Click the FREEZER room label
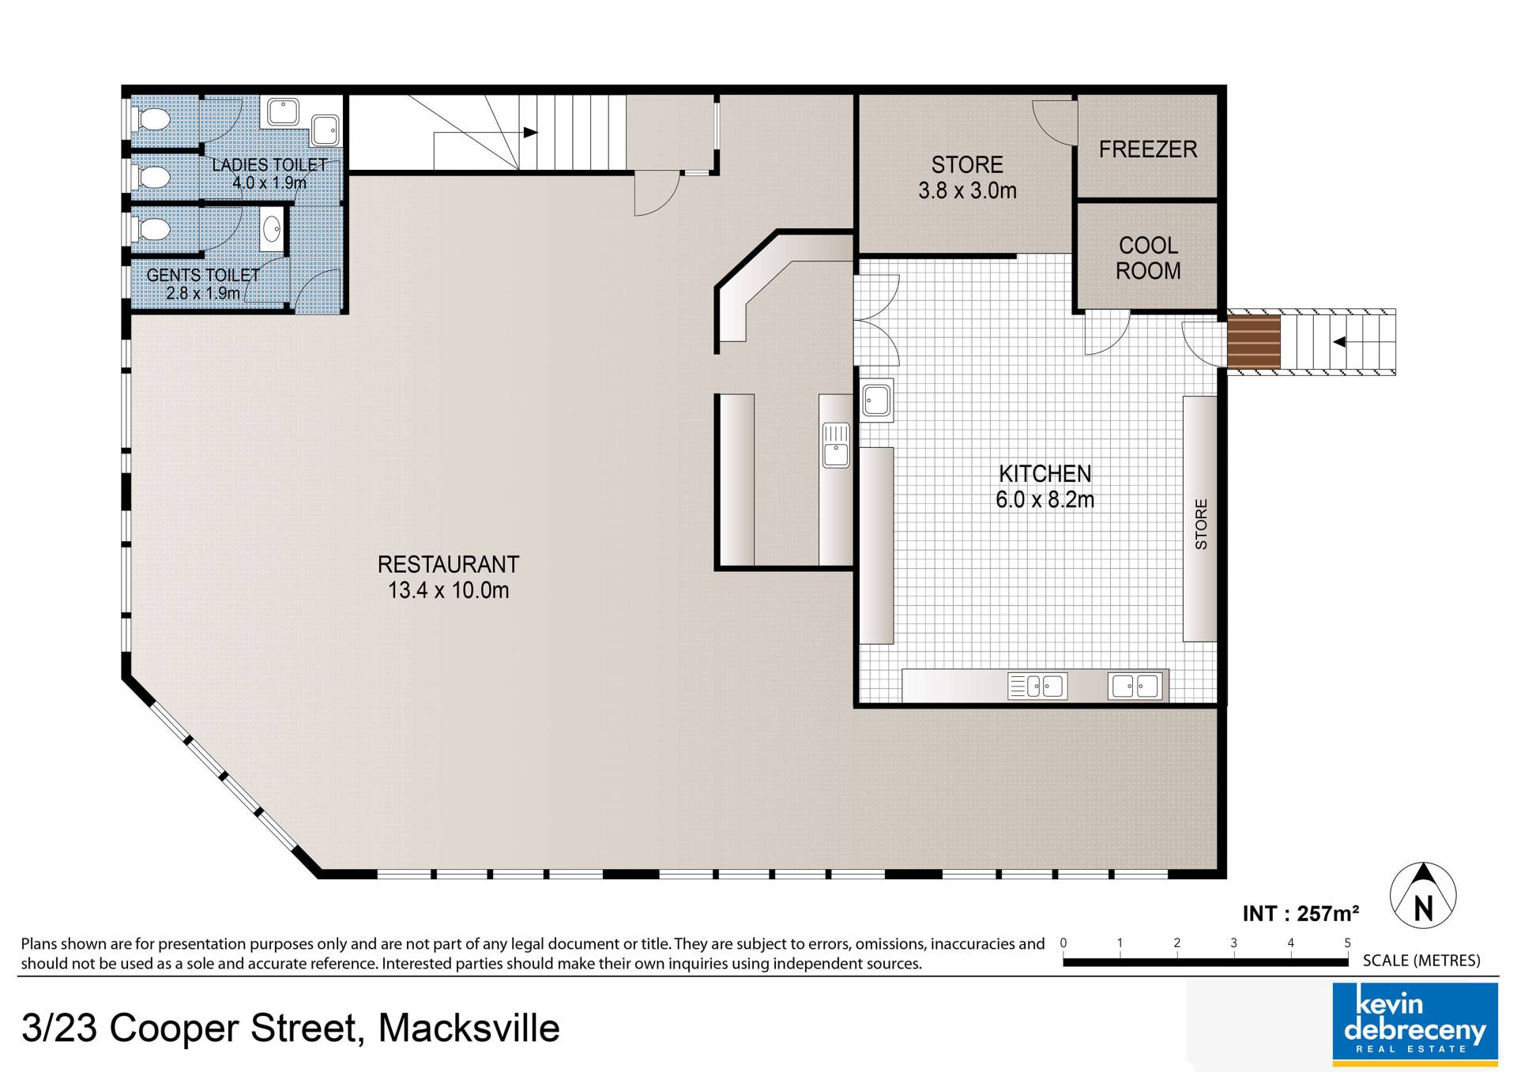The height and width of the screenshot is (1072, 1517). click(1147, 149)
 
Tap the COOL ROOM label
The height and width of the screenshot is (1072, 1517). click(1148, 258)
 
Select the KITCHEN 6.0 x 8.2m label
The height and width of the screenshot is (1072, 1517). click(1045, 487)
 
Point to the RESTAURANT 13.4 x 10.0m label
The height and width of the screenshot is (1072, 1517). click(448, 577)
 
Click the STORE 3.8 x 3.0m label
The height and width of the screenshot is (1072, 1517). click(967, 178)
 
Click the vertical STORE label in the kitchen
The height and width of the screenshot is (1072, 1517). click(1201, 525)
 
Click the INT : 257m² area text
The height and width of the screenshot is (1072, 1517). click(1301, 914)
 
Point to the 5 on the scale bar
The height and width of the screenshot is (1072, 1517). click(1347, 942)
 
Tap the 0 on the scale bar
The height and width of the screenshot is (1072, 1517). click(1063, 942)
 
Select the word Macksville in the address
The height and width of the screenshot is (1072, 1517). click(469, 1029)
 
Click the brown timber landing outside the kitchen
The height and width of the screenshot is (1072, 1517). click(1253, 342)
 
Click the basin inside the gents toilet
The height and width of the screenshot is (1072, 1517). click(271, 231)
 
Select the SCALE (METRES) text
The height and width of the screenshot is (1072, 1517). click(1421, 961)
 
